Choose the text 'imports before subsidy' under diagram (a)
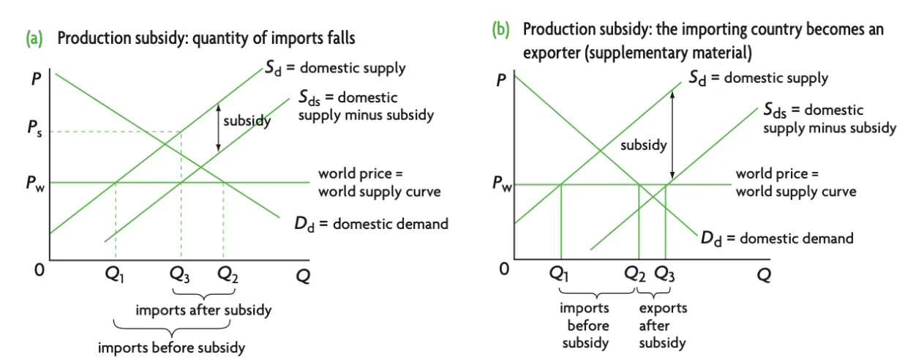172,346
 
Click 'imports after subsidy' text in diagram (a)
203,310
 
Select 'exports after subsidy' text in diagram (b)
662,326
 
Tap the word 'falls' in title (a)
339,37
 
